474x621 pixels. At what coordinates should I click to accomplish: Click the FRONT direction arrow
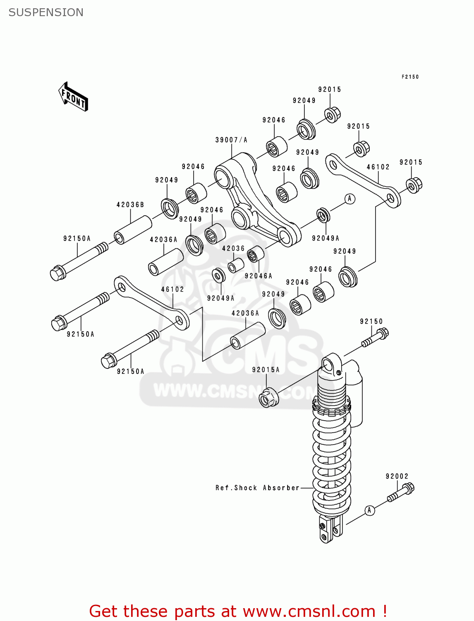pyautogui.click(x=73, y=97)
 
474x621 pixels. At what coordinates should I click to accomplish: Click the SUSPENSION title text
pyautogui.click(x=46, y=12)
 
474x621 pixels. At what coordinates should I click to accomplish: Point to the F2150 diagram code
pyautogui.click(x=410, y=77)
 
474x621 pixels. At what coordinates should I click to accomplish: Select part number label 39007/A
pyautogui.click(x=231, y=140)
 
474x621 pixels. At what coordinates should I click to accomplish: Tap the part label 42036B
pyautogui.click(x=130, y=205)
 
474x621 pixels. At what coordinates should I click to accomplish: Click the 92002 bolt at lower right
pyautogui.click(x=400, y=493)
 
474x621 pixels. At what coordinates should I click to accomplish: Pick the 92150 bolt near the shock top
pyautogui.click(x=376, y=337)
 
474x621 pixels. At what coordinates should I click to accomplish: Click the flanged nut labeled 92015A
pyautogui.click(x=268, y=397)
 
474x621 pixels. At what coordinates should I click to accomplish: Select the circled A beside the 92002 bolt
pyautogui.click(x=369, y=510)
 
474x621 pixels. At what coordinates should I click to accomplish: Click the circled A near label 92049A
pyautogui.click(x=350, y=199)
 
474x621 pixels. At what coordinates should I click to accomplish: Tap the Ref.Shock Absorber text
pyautogui.click(x=257, y=488)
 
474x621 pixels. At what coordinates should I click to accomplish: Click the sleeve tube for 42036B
pyautogui.click(x=133, y=230)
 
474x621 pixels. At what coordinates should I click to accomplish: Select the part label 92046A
pyautogui.click(x=258, y=276)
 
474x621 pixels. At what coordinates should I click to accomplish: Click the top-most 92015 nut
pyautogui.click(x=332, y=115)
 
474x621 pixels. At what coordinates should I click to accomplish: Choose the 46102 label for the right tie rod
pyautogui.click(x=378, y=167)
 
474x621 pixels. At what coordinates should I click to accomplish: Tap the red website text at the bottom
pyautogui.click(x=238, y=611)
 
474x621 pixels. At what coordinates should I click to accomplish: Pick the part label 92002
pyautogui.click(x=397, y=476)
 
